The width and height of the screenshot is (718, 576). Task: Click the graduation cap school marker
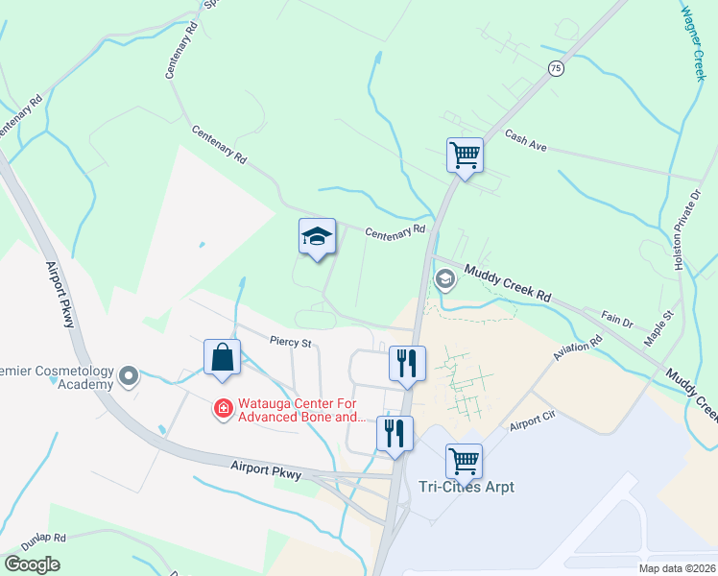coord(317,237)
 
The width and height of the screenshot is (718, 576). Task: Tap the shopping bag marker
coord(222,357)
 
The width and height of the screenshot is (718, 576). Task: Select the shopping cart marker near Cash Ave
coord(465,155)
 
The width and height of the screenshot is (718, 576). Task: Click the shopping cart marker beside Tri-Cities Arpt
coord(465,460)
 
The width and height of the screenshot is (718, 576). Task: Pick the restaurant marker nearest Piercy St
coord(406,364)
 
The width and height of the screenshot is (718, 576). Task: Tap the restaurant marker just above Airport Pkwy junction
coord(395,433)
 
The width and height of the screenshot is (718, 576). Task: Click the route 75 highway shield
coord(555,68)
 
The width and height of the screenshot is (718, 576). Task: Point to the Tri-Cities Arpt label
coord(467,487)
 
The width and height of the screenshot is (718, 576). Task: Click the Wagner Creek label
coord(692,43)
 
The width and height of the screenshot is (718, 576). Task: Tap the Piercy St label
coord(292,341)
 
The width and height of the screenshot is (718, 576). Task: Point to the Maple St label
coord(659,327)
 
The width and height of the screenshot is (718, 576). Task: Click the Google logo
coord(32,564)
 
